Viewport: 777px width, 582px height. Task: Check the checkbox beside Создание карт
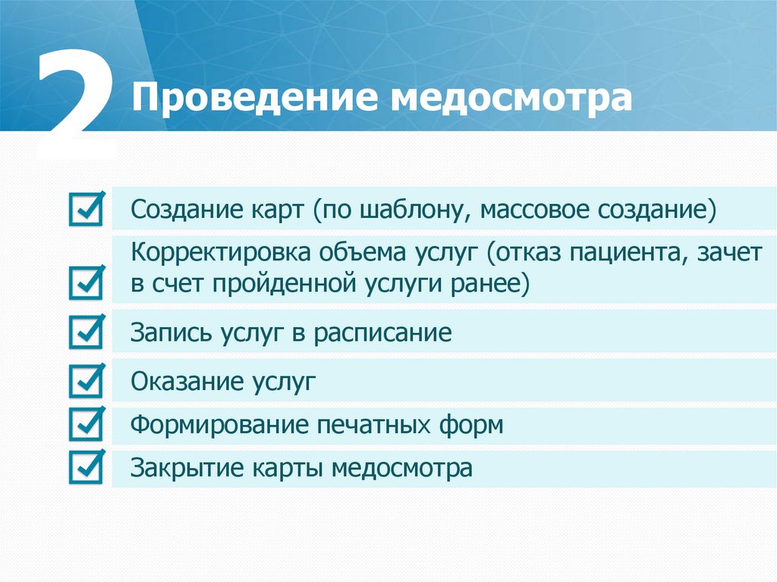click(85, 209)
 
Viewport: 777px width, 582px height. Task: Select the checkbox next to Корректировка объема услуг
click(85, 282)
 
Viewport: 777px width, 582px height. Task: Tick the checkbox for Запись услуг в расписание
click(85, 333)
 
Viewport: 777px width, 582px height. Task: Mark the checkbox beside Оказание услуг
click(85, 381)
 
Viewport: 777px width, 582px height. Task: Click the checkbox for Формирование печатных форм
click(85, 424)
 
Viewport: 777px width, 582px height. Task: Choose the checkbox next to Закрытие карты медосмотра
click(85, 467)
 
